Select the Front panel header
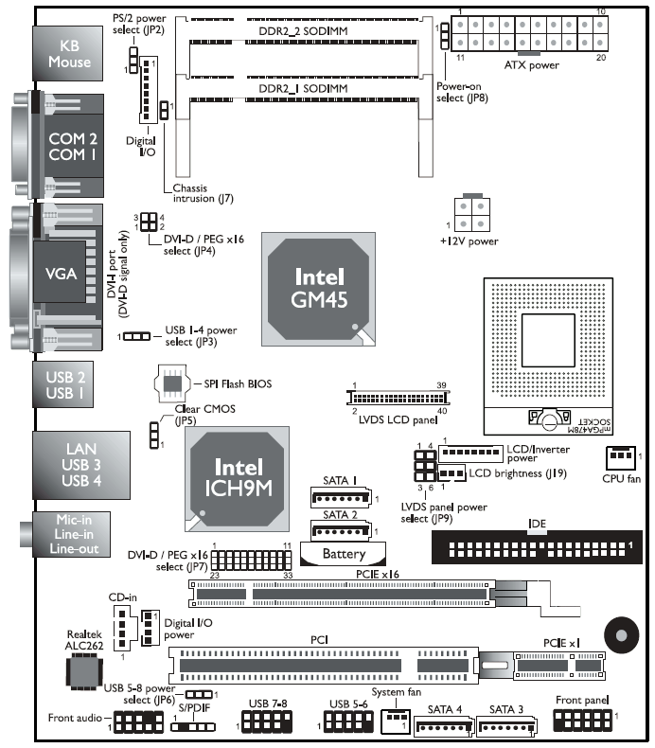click(x=582, y=721)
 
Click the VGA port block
click(x=62, y=274)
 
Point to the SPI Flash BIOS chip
click(x=171, y=383)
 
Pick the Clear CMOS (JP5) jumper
click(x=152, y=433)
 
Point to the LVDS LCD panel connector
click(x=401, y=395)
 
